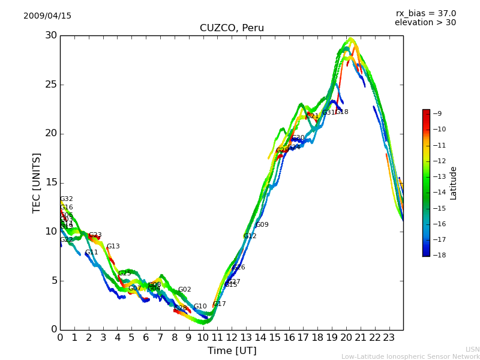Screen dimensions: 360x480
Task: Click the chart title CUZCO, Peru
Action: point(232,28)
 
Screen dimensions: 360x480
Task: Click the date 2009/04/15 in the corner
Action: point(47,16)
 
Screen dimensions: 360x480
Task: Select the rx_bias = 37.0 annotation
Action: point(425,13)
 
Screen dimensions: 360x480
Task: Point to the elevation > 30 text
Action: point(425,23)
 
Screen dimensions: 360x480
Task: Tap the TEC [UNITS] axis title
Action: point(37,182)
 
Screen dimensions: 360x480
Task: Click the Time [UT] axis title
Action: point(232,351)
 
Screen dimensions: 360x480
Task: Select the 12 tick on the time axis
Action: point(232,338)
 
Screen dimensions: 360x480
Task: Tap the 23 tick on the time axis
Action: point(389,338)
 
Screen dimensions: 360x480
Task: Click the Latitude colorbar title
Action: point(454,183)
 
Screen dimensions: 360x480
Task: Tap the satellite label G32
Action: point(66,199)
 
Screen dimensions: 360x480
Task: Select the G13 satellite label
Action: point(113,247)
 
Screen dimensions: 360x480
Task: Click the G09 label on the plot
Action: point(262,225)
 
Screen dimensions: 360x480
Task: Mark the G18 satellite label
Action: point(341,112)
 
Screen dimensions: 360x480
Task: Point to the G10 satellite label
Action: point(200,307)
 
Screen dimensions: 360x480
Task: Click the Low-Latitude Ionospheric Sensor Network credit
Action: point(410,356)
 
